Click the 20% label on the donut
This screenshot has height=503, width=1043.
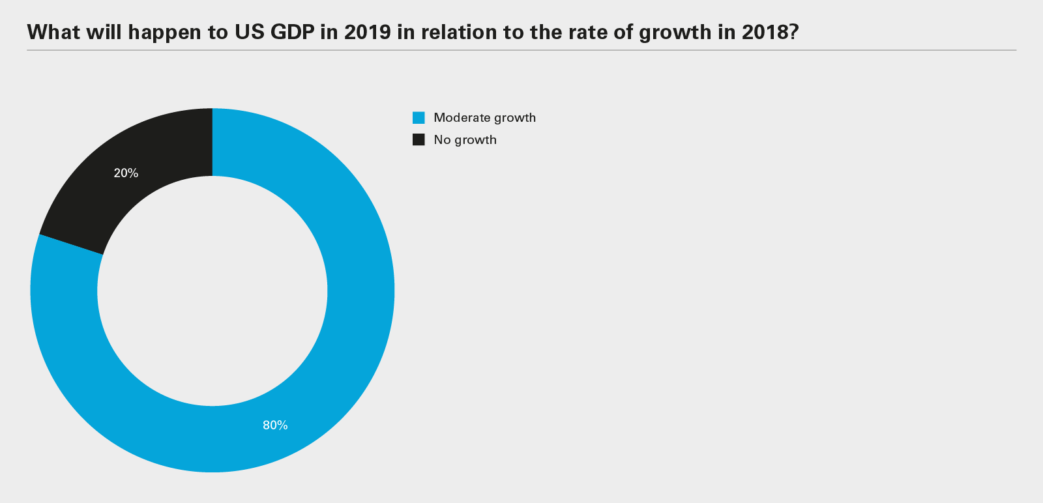coord(126,173)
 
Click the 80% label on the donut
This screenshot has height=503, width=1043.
coord(275,425)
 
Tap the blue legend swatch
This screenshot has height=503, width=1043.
coord(419,118)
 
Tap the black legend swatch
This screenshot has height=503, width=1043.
coord(419,139)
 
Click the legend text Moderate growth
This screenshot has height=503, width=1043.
coord(484,118)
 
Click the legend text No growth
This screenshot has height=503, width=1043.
coord(465,140)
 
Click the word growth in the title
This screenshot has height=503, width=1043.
coord(675,32)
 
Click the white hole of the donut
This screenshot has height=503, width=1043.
coord(213,291)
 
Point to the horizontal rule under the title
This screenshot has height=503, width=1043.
coord(521,50)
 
